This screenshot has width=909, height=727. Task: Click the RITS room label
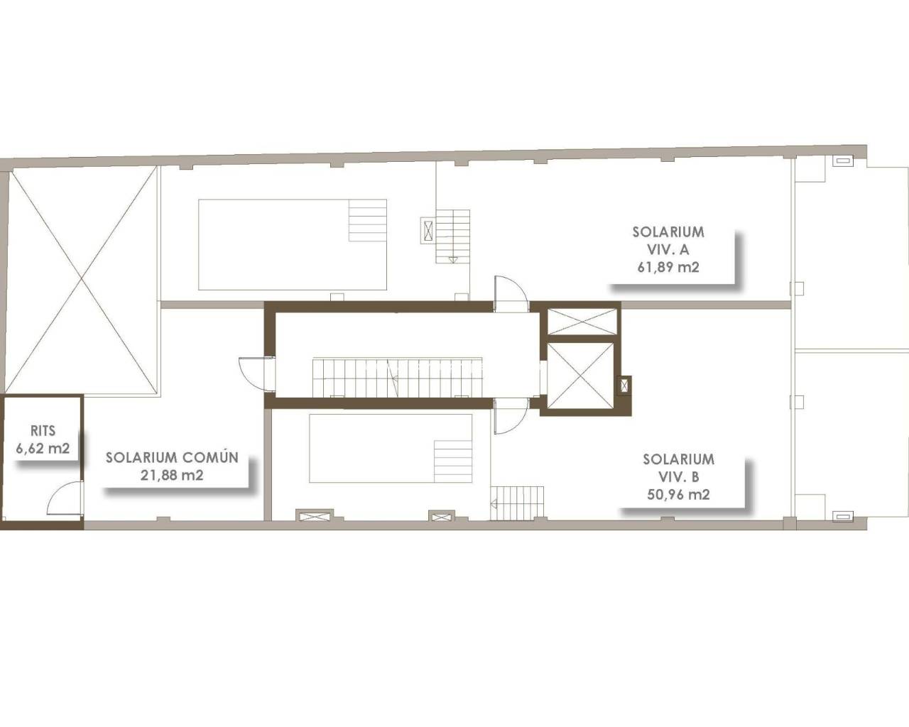pos(43,431)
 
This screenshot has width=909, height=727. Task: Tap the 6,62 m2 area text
pos(43,448)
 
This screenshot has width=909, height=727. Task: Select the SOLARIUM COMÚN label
pos(172,457)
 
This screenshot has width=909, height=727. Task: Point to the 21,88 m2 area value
pos(172,475)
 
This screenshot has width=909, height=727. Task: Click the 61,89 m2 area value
pos(668,268)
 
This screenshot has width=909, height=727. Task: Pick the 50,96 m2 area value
pos(678,495)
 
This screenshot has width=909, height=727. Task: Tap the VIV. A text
pos(668,250)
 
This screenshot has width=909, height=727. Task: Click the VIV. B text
pos(678,477)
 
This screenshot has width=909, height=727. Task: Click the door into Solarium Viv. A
pos(511,294)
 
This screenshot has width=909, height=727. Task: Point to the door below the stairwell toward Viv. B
pos(511,416)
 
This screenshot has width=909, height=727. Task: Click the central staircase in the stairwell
pos(397,377)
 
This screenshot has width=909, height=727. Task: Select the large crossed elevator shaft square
pos(580,375)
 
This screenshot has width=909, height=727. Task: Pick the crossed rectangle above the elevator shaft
pos(582,322)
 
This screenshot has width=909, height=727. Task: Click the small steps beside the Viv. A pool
pos(453,236)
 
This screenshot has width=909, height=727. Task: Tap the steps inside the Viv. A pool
pos(367,221)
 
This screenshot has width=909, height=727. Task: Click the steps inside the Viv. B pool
pos(453,461)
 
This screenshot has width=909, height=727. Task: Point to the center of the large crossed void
pos(82,279)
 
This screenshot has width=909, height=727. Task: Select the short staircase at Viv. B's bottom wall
pos(517,503)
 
